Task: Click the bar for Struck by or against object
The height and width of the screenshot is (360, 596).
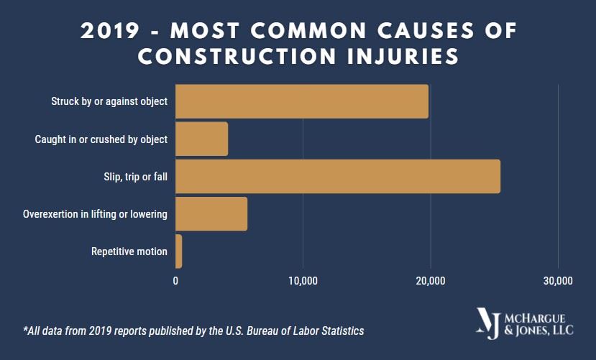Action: (302, 101)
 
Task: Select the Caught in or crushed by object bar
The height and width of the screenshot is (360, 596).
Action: (202, 139)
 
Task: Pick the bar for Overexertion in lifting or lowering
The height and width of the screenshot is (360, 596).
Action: (211, 213)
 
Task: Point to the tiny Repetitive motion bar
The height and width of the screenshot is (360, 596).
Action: (179, 251)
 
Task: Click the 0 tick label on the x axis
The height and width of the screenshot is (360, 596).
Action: (176, 280)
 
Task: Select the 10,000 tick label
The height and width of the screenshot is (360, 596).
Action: (303, 280)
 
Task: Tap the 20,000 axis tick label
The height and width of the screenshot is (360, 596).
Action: (430, 280)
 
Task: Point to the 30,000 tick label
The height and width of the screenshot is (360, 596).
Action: (557, 280)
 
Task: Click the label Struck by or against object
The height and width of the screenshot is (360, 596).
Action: (109, 101)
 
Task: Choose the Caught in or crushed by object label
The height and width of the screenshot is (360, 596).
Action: (101, 139)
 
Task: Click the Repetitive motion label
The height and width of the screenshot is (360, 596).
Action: (129, 251)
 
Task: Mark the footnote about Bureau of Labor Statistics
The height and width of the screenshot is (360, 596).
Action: (194, 331)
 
